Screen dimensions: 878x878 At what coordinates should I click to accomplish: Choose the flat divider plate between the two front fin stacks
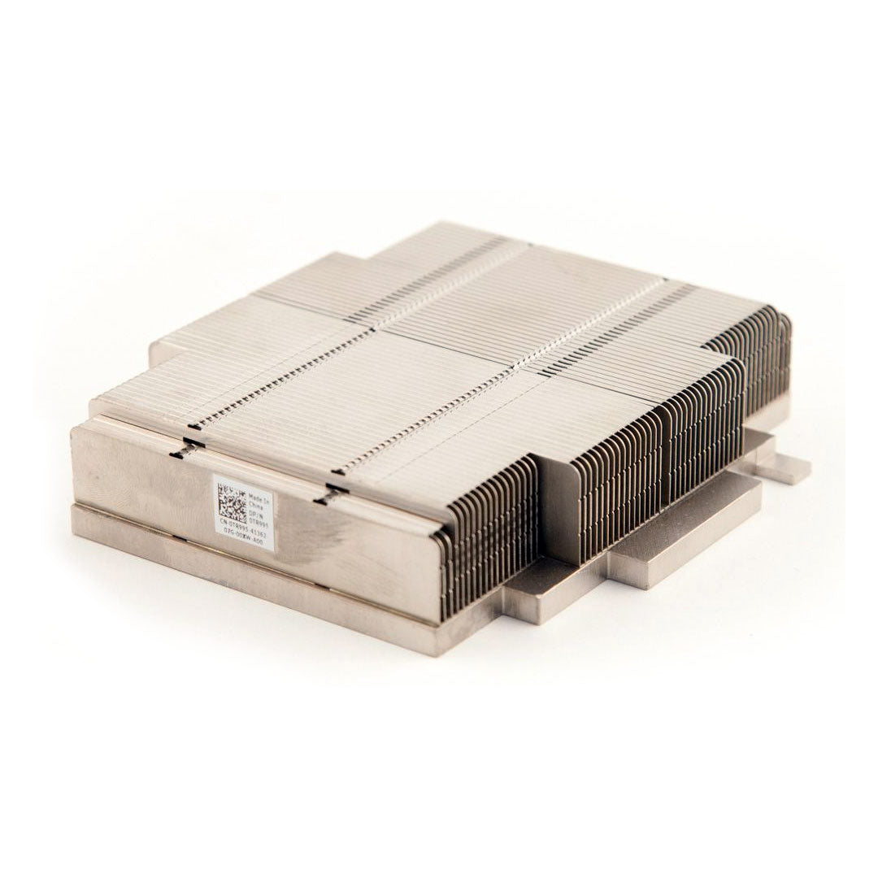(553, 504)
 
